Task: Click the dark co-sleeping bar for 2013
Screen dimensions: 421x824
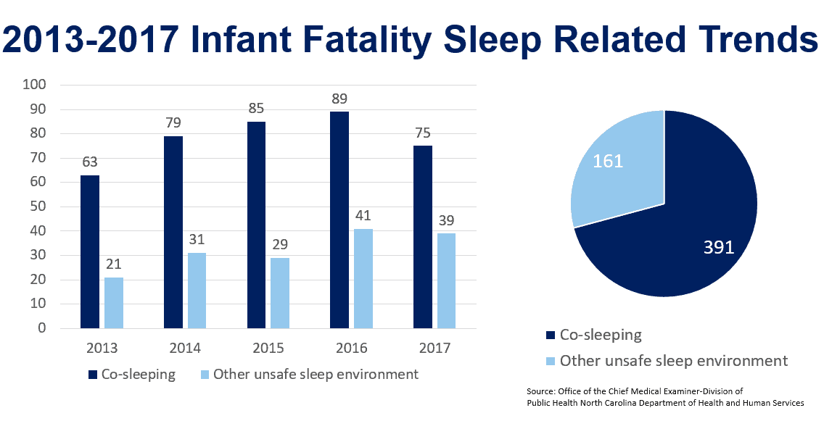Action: (90, 251)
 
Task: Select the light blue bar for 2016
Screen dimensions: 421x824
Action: (363, 278)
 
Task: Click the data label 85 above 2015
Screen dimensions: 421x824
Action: (256, 109)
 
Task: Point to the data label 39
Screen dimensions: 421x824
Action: (446, 220)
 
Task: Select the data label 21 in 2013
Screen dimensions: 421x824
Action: (114, 264)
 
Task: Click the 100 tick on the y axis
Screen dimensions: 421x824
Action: (35, 85)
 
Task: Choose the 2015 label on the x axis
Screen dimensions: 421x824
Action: (268, 349)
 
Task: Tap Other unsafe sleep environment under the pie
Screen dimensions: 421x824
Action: (674, 360)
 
